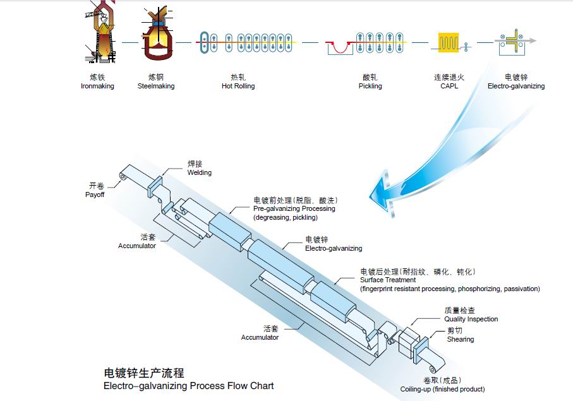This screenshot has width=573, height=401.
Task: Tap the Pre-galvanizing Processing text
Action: tap(294, 208)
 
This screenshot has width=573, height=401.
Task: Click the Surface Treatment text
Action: tap(387, 280)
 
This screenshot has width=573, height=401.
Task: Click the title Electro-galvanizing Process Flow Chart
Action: tap(188, 385)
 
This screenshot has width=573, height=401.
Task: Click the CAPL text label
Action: tap(449, 86)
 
